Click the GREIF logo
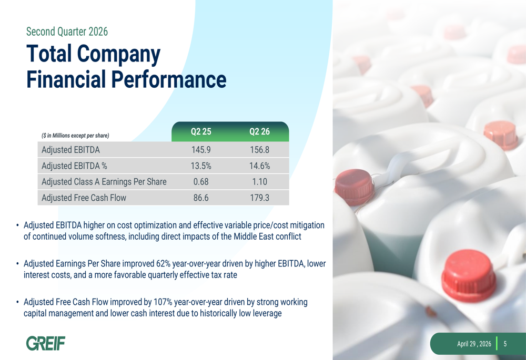tap(46, 343)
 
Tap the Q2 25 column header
tap(201, 131)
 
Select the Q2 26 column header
tap(259, 131)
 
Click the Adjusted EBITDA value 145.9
tap(201, 149)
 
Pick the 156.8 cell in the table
tap(259, 149)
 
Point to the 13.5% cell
tap(201, 166)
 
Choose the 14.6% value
tap(259, 166)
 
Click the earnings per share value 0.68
tap(201, 182)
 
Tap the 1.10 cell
tap(259, 182)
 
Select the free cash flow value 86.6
tap(201, 198)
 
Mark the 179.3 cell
tap(259, 198)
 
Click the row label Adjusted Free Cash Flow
tap(84, 198)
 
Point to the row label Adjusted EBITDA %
tap(75, 166)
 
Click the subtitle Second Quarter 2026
tap(67, 32)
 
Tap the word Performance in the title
tap(169, 79)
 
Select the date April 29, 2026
tap(474, 344)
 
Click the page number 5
tap(505, 344)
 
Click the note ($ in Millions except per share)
tap(75, 136)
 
